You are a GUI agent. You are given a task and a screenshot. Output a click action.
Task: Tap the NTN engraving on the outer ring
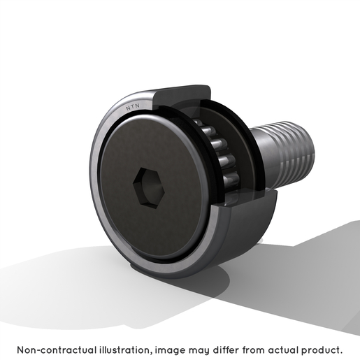(x=133, y=107)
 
